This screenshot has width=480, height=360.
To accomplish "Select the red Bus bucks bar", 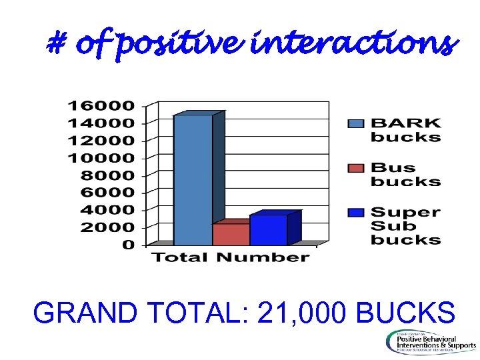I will (x=231, y=234).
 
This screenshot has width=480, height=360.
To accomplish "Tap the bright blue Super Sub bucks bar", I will (x=268, y=230).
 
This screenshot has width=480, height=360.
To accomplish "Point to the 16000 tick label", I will (x=101, y=105).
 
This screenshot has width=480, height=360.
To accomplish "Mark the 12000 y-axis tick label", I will (x=101, y=140).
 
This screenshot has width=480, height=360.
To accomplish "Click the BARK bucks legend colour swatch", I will (x=357, y=123).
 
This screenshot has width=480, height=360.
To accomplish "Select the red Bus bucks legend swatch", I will (x=357, y=168).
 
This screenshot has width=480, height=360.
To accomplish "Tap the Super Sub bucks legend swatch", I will (x=357, y=213).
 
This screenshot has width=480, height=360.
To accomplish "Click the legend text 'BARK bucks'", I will (x=405, y=130).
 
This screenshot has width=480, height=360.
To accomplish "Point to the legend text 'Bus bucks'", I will (x=405, y=175).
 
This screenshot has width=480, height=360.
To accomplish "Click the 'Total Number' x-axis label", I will (x=231, y=257).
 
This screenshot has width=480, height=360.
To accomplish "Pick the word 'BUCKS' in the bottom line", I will (x=406, y=312).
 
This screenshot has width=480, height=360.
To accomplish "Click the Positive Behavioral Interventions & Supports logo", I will (x=430, y=341).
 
